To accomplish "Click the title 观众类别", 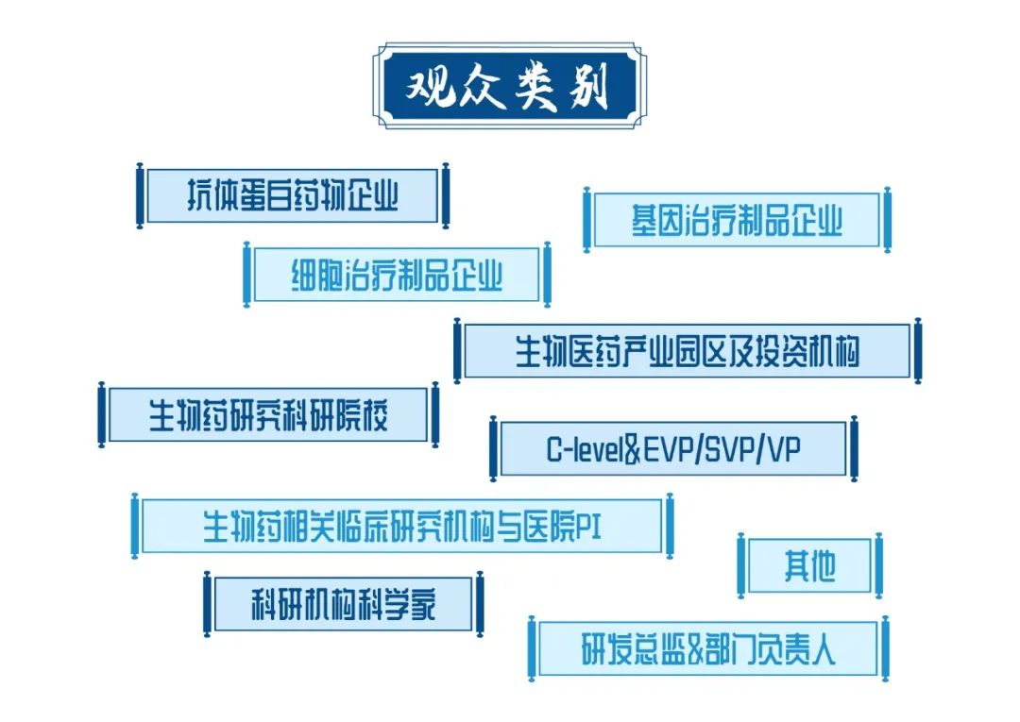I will (509, 86).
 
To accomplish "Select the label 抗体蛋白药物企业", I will (292, 195).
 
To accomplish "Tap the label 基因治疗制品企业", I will (737, 220).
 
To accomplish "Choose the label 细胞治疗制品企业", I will (397, 275).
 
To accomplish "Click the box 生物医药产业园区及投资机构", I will (687, 351).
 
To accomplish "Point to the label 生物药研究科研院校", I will (269, 413).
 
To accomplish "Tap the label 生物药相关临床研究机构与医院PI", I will (402, 526).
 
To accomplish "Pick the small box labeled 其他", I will (809, 565).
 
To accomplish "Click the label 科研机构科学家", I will (343, 604).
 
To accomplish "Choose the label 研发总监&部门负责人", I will (708, 648).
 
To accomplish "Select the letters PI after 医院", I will (589, 526).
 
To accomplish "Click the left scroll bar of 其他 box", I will (741, 565).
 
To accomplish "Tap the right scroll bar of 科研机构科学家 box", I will (479, 604).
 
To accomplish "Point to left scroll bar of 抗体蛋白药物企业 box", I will (140, 195).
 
